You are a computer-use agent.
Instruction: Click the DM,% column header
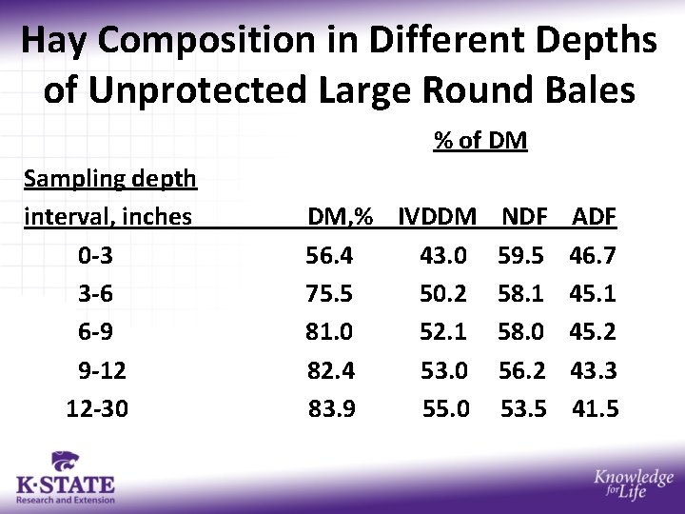point(340,217)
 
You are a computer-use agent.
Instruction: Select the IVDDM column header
point(438,217)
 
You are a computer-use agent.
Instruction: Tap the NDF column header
point(523,217)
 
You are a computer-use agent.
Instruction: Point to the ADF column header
point(594,217)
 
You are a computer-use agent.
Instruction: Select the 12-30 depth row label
point(97,409)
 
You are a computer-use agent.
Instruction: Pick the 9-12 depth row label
point(103,370)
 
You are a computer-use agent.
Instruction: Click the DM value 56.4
point(329,256)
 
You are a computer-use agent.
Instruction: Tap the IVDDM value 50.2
point(443,294)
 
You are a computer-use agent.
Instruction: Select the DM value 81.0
point(329,332)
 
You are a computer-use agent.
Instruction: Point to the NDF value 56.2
point(523,370)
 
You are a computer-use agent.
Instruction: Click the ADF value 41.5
point(595,409)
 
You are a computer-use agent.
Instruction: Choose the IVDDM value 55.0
point(446,409)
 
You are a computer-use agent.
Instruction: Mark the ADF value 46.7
point(593,256)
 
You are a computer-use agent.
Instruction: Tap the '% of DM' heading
point(480,141)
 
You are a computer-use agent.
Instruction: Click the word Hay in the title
point(56,41)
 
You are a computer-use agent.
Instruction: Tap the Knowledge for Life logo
point(633,485)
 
